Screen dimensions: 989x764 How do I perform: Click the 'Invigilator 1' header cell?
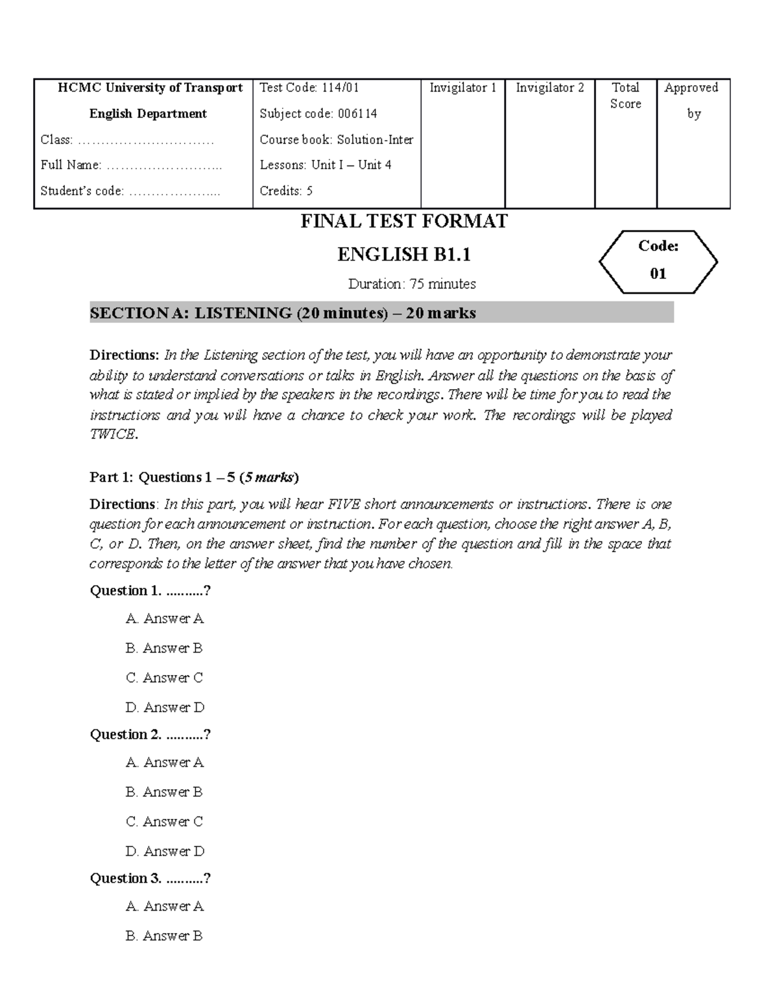pos(463,88)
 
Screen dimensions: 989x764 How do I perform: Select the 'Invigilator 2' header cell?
pos(549,88)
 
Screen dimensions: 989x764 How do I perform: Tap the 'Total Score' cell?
pos(625,96)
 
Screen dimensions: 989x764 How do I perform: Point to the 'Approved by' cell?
pos(693,101)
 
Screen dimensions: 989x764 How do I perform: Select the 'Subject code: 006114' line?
pos(318,114)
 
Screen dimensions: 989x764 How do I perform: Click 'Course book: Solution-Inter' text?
pos(336,139)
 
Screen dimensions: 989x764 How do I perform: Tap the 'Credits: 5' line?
pos(286,191)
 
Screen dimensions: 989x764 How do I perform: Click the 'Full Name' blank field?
pos(164,166)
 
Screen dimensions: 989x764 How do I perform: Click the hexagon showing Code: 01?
pos(658,260)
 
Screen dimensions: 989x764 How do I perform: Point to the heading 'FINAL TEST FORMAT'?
pos(404,222)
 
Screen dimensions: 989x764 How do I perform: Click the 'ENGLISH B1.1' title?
pos(404,255)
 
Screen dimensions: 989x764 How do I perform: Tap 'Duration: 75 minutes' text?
pos(412,284)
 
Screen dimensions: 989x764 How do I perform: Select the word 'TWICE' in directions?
pos(113,435)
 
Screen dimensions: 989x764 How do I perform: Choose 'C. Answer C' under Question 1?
pos(164,678)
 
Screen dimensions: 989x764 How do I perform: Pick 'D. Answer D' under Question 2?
pos(165,851)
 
